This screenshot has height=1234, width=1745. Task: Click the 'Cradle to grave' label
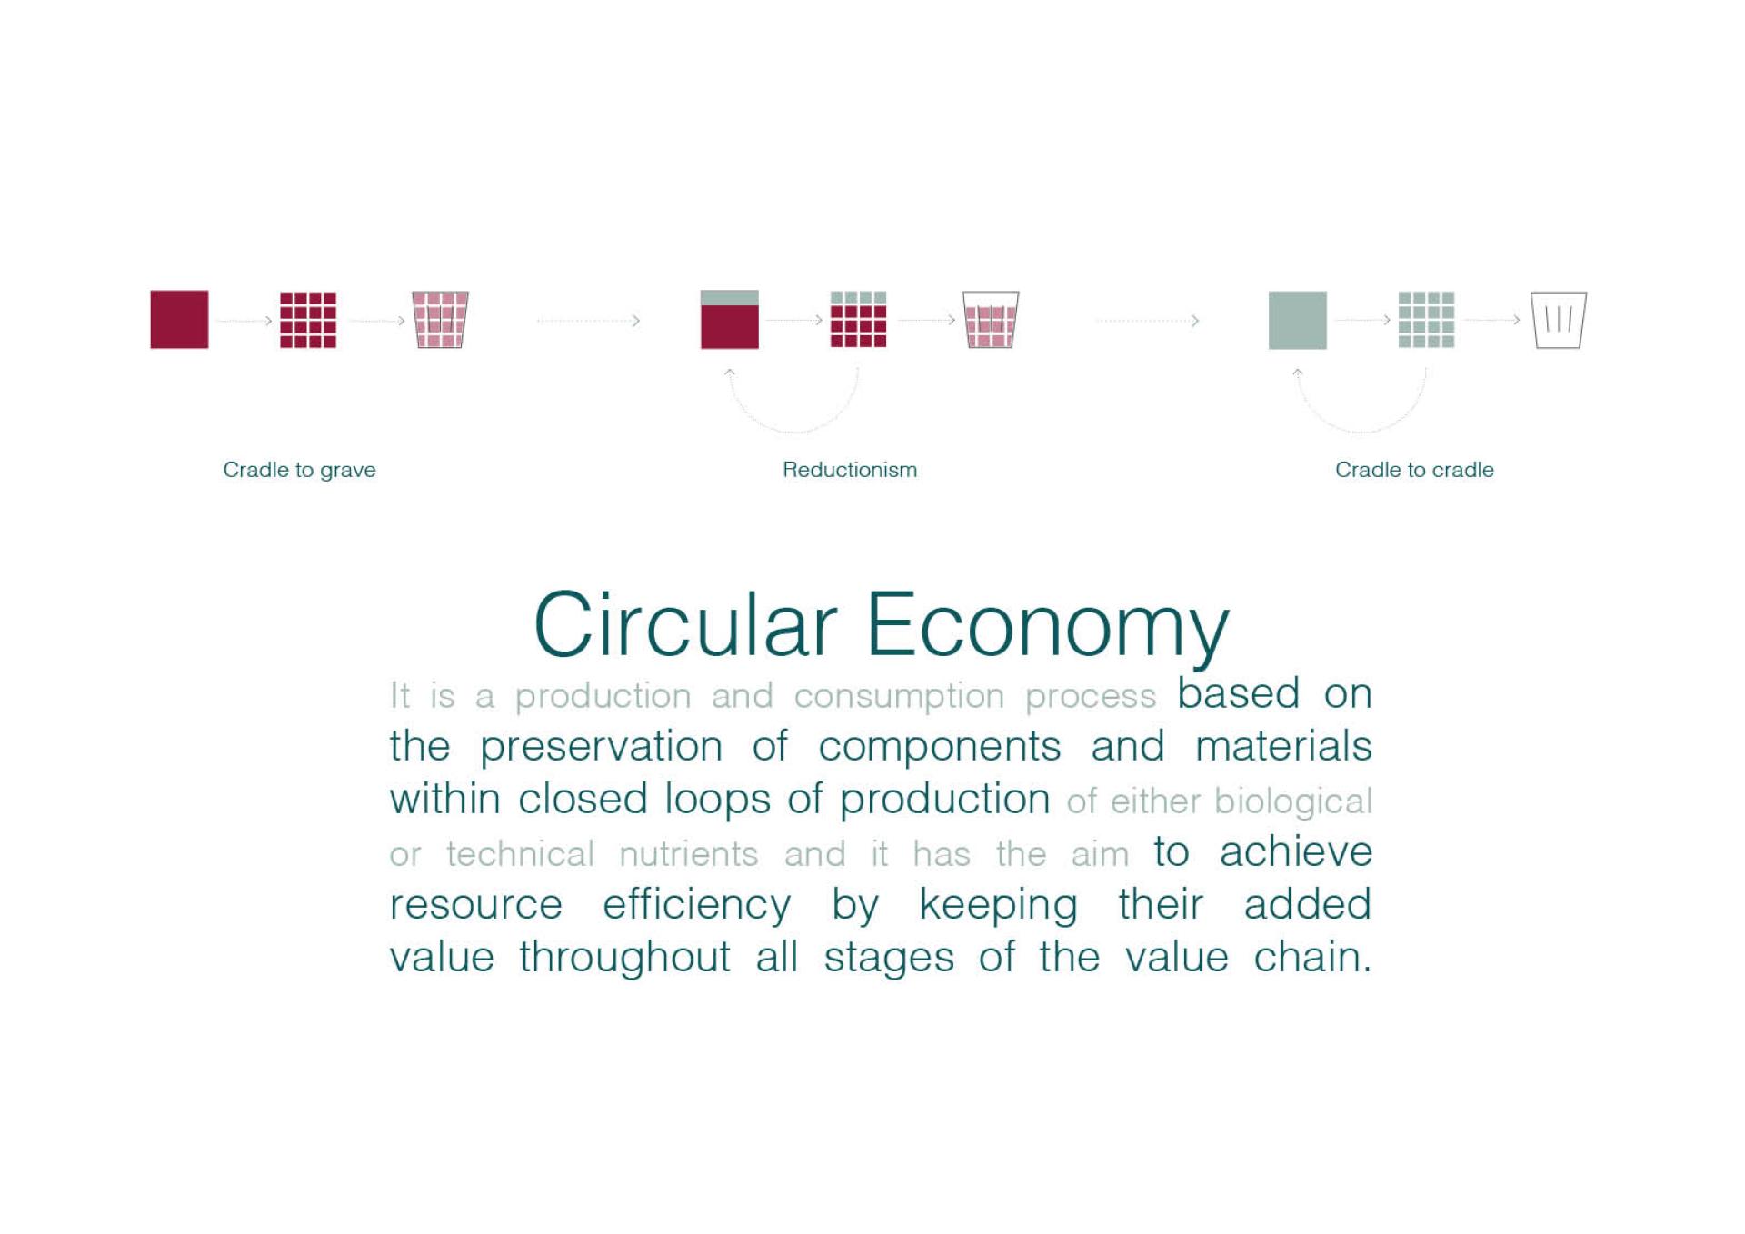[x=299, y=470]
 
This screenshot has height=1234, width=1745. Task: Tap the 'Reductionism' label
[x=850, y=470]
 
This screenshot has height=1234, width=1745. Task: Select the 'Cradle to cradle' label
[x=1414, y=470]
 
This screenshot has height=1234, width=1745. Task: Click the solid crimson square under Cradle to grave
[x=179, y=319]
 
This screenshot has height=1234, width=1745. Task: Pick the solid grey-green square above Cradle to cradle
[x=1297, y=320]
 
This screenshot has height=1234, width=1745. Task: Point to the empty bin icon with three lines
[x=1559, y=320]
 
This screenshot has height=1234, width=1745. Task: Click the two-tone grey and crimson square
[x=729, y=319]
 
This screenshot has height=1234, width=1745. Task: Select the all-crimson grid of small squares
[x=308, y=320]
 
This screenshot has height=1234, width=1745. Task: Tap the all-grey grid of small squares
[x=1426, y=320]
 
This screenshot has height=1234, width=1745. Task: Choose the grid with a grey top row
[x=858, y=319]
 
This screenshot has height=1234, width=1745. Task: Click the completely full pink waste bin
[x=440, y=320]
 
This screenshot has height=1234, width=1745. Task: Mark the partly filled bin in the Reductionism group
[x=991, y=320]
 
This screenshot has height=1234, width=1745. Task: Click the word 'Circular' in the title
[x=684, y=625]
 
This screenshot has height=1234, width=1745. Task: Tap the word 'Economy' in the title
[x=1048, y=628]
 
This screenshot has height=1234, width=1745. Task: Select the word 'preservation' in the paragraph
[x=601, y=747]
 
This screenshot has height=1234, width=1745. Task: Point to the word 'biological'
[x=1292, y=801]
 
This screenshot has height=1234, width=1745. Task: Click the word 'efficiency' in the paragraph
[x=696, y=905]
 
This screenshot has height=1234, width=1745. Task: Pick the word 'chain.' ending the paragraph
[x=1311, y=957]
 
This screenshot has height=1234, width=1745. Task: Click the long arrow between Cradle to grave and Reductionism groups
[x=588, y=320]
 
